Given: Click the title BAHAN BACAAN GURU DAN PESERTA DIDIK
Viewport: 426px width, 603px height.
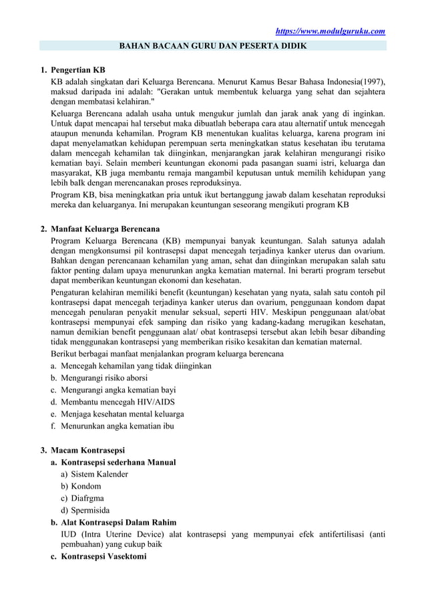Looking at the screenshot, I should (x=212, y=46).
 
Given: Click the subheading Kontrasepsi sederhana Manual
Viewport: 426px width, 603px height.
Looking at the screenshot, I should (x=118, y=462).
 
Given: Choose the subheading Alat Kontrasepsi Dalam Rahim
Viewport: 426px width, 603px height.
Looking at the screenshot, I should (x=119, y=522).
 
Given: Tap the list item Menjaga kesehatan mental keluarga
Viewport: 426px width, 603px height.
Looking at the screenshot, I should (x=122, y=414).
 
